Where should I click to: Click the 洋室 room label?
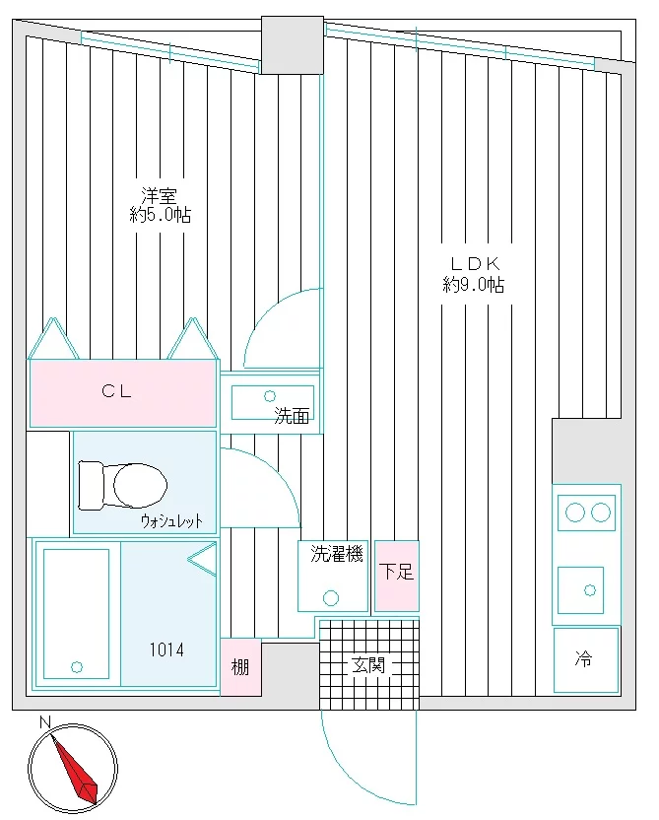tap(159, 196)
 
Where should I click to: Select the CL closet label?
tap(116, 391)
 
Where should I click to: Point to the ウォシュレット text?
tap(171, 520)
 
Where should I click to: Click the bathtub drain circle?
tap(76, 667)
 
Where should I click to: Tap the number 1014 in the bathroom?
tap(166, 650)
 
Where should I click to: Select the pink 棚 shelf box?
tap(240, 667)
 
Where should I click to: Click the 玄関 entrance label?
tap(369, 665)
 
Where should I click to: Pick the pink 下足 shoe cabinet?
tap(397, 576)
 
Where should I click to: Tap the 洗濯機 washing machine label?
tap(337, 553)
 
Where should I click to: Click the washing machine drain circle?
tap(331, 597)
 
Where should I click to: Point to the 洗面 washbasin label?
tap(292, 416)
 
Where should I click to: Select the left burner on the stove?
tap(575, 512)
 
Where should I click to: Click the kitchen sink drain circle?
tap(590, 590)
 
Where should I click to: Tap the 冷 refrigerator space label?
tap(584, 658)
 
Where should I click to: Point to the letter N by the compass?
tap(45, 722)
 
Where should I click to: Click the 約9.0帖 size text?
tap(474, 285)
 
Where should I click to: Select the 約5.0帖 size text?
tap(161, 215)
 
